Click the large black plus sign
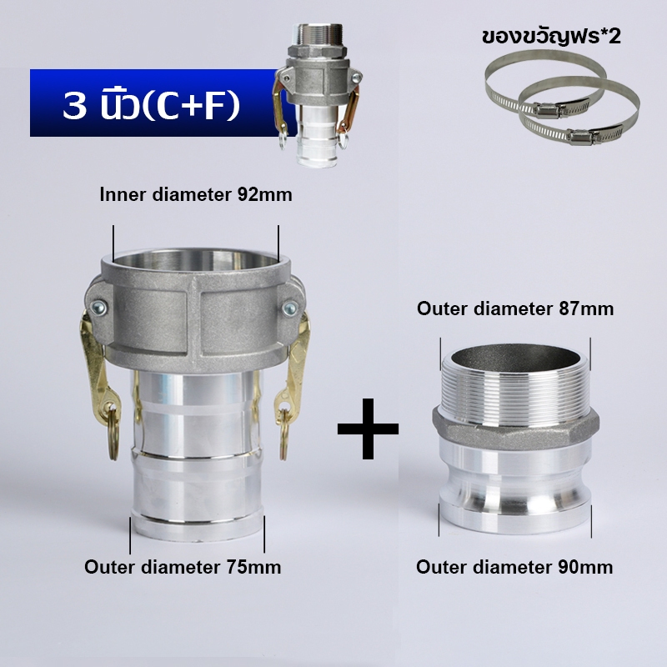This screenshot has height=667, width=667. point(368,429)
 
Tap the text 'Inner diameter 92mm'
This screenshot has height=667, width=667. point(196,195)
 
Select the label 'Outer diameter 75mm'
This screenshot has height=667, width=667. point(183,567)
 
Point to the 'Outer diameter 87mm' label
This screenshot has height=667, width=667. point(515,308)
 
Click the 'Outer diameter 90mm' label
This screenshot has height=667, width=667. point(514,567)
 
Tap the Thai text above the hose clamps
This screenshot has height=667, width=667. point(551,36)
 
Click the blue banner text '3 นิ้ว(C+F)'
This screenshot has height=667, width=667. point(152,106)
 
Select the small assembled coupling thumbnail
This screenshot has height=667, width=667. point(318,96)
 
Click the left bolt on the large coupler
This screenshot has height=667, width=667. point(98,308)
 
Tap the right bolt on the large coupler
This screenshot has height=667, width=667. point(289,308)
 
